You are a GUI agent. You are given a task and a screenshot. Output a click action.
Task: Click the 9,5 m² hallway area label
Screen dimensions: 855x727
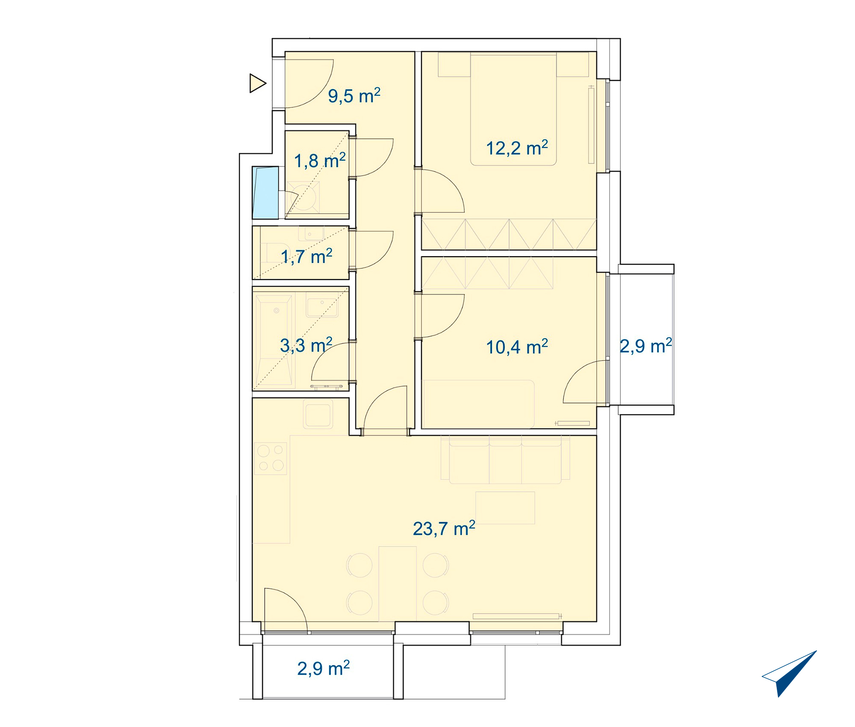pos(354,96)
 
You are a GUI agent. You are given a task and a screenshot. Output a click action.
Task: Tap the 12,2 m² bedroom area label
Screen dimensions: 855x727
pos(517,148)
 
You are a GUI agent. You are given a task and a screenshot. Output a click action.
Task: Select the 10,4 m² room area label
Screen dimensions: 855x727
pos(517,347)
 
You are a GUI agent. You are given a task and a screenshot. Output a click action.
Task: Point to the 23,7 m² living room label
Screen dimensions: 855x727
pos(444,529)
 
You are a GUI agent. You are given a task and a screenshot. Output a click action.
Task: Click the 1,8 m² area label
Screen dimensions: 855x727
pos(320,161)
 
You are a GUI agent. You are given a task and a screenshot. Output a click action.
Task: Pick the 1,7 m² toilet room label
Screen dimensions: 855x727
pos(307,257)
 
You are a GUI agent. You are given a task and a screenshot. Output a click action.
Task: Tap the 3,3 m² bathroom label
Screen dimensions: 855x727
pos(306,345)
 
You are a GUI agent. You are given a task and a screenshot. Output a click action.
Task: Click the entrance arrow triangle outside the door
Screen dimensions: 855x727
pos(258,83)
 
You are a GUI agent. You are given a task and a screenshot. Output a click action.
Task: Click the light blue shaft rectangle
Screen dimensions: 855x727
pos(265,192)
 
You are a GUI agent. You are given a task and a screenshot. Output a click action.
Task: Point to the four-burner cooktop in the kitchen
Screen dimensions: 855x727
pos(270,458)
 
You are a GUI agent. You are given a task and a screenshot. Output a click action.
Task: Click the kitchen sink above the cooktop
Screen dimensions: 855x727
pos(318,414)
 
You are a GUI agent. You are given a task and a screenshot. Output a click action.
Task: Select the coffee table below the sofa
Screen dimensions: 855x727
pos(505,508)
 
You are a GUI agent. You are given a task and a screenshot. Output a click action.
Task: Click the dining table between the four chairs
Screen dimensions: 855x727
pos(398,584)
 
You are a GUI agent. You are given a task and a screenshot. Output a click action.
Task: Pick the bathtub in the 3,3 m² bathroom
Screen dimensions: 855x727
pos(274,340)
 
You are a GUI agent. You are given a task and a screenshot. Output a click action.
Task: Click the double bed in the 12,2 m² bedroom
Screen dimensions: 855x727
pos(513,109)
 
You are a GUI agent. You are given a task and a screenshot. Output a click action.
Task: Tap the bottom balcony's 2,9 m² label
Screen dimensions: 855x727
pos(324,668)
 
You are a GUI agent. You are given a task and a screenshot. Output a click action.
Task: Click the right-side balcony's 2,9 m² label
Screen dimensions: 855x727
pos(646,346)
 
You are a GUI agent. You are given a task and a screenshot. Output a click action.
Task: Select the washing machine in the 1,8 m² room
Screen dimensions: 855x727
pos(303,198)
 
